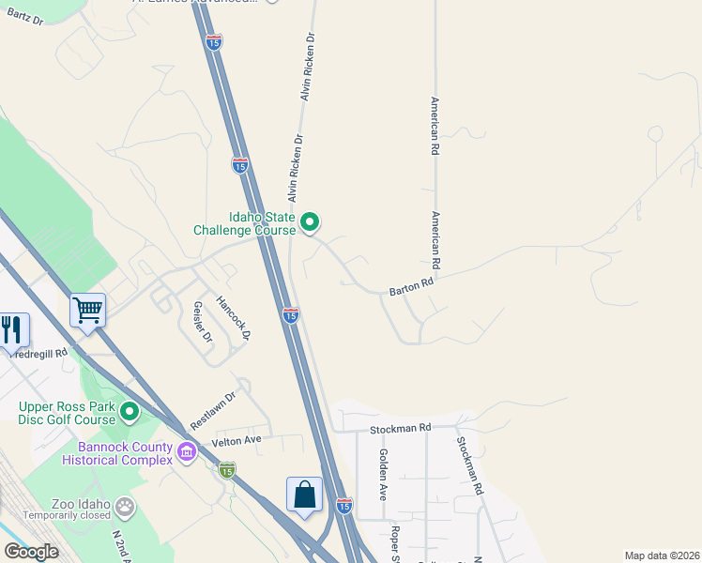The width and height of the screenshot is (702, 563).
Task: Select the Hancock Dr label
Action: [234, 318]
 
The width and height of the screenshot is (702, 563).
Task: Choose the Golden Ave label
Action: [383, 474]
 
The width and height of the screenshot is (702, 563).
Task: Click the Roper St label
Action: [396, 542]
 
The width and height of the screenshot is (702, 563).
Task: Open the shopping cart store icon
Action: [87, 309]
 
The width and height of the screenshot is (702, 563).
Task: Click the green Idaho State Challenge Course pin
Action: [311, 222]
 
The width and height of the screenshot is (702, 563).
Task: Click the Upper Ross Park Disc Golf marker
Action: [130, 412]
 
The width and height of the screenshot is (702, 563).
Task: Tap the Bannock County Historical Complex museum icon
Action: [187, 454]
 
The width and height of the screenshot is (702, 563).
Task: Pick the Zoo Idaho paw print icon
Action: [125, 508]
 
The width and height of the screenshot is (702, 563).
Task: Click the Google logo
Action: [31, 552]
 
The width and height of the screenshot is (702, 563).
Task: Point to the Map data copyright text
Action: [663, 555]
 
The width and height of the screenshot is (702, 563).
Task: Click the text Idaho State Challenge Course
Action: [244, 222]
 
